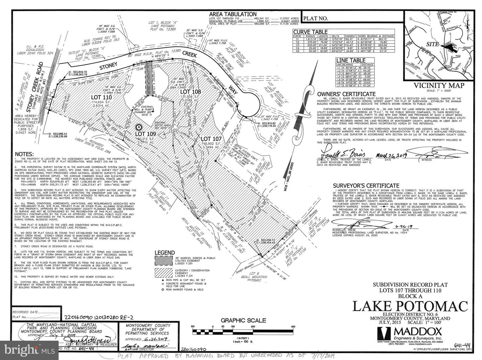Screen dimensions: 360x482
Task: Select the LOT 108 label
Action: (190, 91)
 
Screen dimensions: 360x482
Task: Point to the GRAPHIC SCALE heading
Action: (243, 320)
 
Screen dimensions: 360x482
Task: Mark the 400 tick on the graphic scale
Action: (293, 327)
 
